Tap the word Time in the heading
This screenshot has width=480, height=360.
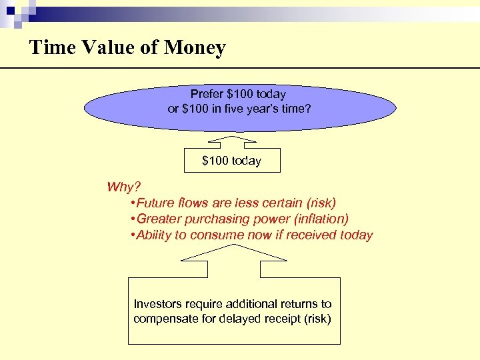tap(48, 48)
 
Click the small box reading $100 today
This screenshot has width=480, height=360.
tap(231, 161)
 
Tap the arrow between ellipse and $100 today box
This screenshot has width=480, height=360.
tap(231, 141)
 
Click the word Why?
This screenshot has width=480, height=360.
tap(125, 187)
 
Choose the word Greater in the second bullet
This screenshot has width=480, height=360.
tap(159, 219)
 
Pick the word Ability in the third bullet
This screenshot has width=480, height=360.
tap(154, 235)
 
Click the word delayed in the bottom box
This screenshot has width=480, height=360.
tap(241, 319)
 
